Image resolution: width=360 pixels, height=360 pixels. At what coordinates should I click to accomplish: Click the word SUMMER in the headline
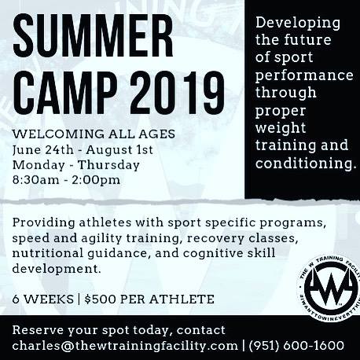click(x=93, y=36)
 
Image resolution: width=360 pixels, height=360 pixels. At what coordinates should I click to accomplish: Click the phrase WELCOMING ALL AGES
click(x=94, y=134)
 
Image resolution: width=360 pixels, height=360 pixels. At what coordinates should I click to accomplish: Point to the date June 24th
click(x=43, y=150)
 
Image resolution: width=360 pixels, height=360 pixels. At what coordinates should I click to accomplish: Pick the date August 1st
click(x=119, y=150)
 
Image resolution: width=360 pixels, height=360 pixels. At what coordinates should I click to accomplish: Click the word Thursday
click(x=108, y=165)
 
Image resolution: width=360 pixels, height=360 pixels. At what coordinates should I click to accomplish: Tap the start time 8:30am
click(x=36, y=180)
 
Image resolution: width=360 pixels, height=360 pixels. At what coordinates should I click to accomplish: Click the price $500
click(x=101, y=299)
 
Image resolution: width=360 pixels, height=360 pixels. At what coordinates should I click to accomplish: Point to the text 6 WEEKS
click(x=43, y=299)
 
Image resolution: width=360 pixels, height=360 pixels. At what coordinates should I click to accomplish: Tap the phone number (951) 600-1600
click(x=296, y=345)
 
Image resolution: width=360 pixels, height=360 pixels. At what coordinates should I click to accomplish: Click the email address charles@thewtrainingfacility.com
click(x=125, y=346)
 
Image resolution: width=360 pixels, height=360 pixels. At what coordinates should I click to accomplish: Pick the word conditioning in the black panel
click(x=306, y=163)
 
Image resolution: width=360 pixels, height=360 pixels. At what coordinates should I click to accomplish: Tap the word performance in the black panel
click(x=304, y=76)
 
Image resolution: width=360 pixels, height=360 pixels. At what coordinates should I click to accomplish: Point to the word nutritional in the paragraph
click(x=48, y=253)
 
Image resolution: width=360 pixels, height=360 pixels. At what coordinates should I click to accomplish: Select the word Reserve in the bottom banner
click(x=39, y=330)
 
